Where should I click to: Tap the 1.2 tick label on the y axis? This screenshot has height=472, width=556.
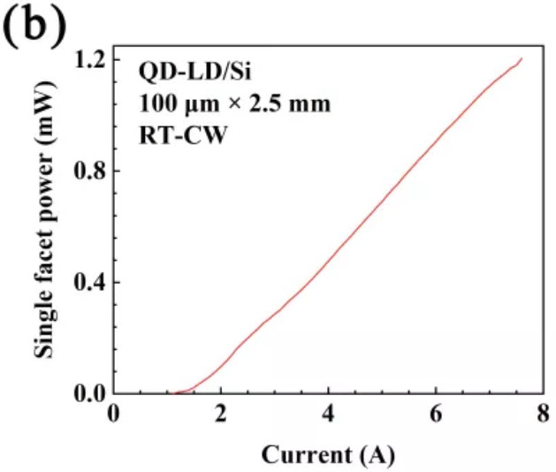88,58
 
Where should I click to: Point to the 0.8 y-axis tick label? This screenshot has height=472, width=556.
88,170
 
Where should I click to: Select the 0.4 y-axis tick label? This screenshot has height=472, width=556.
88,282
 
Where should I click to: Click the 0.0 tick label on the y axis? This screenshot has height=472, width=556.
88,393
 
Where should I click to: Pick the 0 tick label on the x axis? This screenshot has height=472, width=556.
114,416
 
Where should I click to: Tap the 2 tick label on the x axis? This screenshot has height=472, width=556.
221,416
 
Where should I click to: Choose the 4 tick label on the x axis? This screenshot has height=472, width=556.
329,416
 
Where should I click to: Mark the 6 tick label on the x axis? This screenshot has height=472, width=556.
436,416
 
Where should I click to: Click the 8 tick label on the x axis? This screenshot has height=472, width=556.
543,416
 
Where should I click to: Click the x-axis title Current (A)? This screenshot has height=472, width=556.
328,454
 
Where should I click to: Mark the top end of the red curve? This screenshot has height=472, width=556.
522,59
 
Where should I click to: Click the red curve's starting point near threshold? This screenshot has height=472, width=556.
174,392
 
